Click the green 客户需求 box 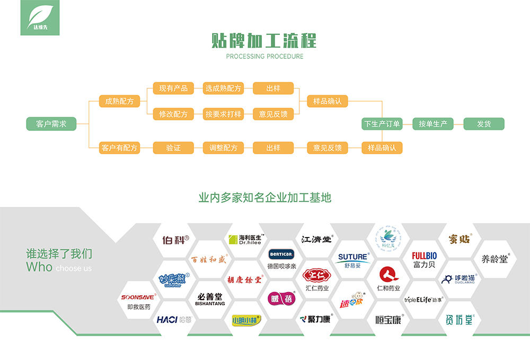pos(51,124)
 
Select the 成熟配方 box pos(119,101)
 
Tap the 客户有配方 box pos(119,148)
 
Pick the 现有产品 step pos(173,88)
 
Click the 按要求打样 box pos(223,114)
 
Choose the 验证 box pos(173,148)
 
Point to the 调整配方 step pos(223,148)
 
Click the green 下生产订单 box pos(382,124)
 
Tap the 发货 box pos(484,124)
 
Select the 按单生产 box pos(433,124)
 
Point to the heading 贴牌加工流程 pos(264,40)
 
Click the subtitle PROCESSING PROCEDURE pos(264,56)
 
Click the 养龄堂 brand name pos(495,259)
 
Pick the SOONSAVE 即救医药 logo pos(139,302)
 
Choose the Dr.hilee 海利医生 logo pos(246,239)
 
